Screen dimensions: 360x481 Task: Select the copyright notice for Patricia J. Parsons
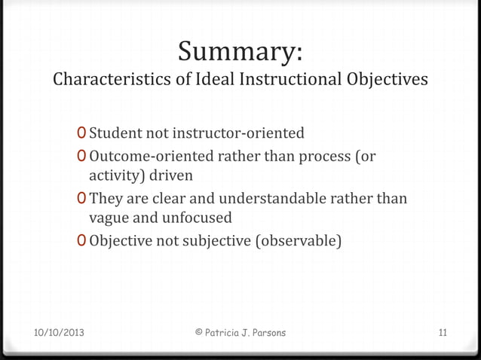[240, 332]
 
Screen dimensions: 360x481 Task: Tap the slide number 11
[443, 332]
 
